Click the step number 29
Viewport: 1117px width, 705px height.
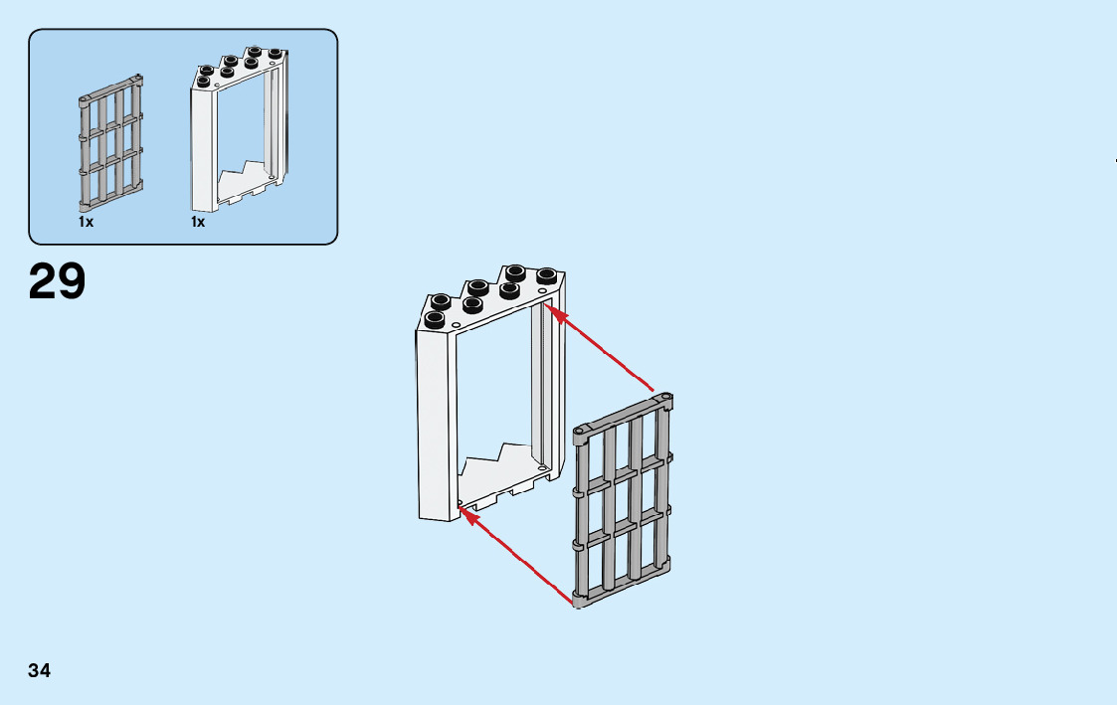[58, 281]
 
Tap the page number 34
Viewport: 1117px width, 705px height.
[39, 670]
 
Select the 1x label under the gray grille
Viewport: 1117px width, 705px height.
[87, 223]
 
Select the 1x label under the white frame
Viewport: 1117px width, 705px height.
[198, 223]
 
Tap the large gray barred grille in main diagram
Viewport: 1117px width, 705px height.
[624, 502]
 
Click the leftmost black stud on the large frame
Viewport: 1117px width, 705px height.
[435, 319]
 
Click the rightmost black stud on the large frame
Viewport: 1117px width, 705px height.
[545, 275]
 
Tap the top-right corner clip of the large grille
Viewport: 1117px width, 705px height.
[665, 401]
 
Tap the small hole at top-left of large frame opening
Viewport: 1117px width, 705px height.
[456, 325]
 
